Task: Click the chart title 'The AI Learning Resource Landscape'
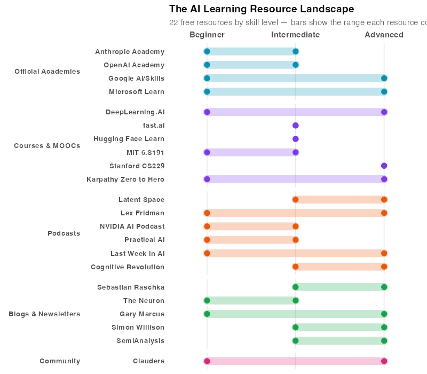coord(261,9)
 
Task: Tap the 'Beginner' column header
coord(207,35)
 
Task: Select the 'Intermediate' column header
coord(295,35)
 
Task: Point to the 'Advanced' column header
coord(384,35)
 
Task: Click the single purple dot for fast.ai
coord(295,126)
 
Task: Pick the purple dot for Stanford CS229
coord(384,166)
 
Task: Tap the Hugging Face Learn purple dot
coord(295,139)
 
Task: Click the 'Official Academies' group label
coord(47,72)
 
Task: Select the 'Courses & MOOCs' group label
coord(47,146)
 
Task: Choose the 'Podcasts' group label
coord(64,233)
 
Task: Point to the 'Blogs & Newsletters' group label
coord(44,314)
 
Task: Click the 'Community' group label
coord(60,361)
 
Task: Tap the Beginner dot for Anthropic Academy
coord(207,52)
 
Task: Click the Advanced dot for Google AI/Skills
coord(384,79)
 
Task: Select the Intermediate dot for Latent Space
coord(295,200)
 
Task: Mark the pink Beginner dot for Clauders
coord(207,361)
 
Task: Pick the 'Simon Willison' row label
coord(138,328)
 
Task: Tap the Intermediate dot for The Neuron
coord(295,301)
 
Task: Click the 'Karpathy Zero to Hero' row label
coord(125,180)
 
